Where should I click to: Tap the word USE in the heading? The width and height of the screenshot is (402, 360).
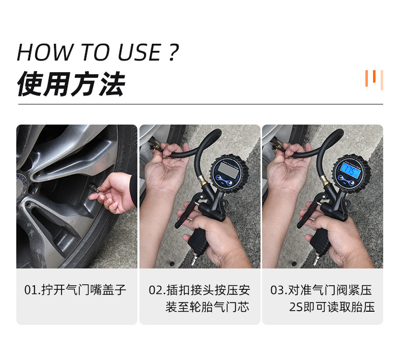[x=138, y=52]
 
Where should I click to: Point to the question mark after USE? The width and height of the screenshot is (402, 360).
[x=173, y=52]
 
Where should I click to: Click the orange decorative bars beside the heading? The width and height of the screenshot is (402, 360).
[x=374, y=79]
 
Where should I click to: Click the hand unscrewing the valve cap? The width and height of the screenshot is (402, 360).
[x=117, y=191]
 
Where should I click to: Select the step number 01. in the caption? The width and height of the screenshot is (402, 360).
[x=32, y=290]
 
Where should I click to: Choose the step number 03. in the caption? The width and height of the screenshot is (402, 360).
[x=279, y=290]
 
